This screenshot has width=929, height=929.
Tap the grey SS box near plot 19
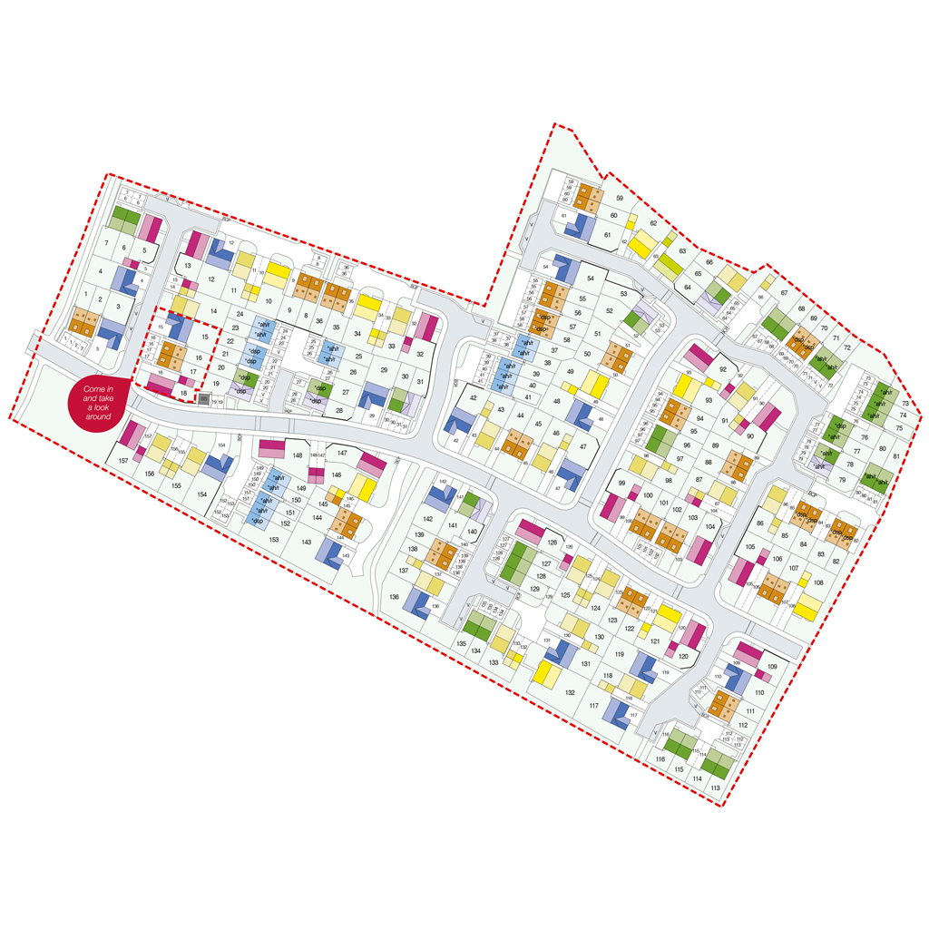pos(204,399)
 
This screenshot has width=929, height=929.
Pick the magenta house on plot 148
pos(273,448)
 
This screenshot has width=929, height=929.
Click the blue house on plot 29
pos(373,396)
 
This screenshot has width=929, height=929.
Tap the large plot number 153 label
pos(273,540)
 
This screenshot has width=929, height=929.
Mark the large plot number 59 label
pos(621,198)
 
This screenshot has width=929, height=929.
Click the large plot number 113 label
pos(716,788)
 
